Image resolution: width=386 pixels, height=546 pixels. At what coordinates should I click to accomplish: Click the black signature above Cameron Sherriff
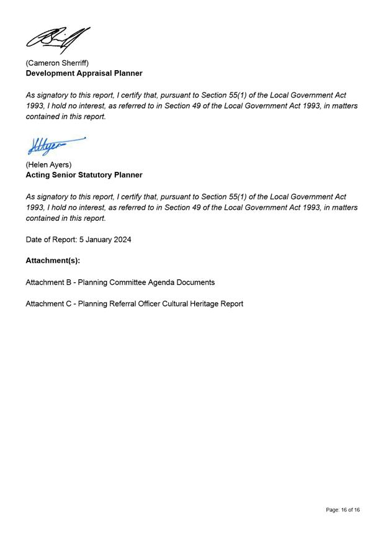58,40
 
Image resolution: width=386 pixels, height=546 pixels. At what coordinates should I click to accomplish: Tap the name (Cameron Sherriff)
57,63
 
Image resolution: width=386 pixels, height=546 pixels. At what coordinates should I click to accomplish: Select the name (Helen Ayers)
48,164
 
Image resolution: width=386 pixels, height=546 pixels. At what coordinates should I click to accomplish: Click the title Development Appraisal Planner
84,73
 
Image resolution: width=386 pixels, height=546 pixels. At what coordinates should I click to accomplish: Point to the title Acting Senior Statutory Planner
84,175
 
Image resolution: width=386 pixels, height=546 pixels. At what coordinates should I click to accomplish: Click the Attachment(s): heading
53,261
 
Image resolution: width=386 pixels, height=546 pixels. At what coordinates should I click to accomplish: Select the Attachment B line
120,282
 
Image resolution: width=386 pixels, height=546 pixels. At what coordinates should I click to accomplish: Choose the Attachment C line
134,304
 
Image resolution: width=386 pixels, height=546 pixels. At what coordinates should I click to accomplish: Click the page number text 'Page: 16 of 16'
343,510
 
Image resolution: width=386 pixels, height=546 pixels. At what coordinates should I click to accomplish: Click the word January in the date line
98,239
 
